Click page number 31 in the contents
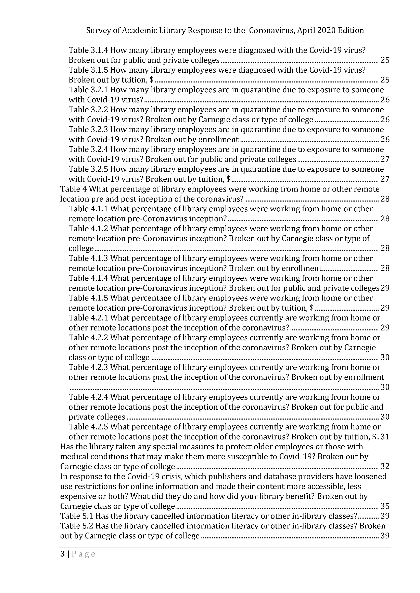(x=385, y=437)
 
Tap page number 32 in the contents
(x=385, y=466)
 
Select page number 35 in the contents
(x=385, y=506)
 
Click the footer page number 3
(x=62, y=554)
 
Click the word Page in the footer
(x=84, y=554)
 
